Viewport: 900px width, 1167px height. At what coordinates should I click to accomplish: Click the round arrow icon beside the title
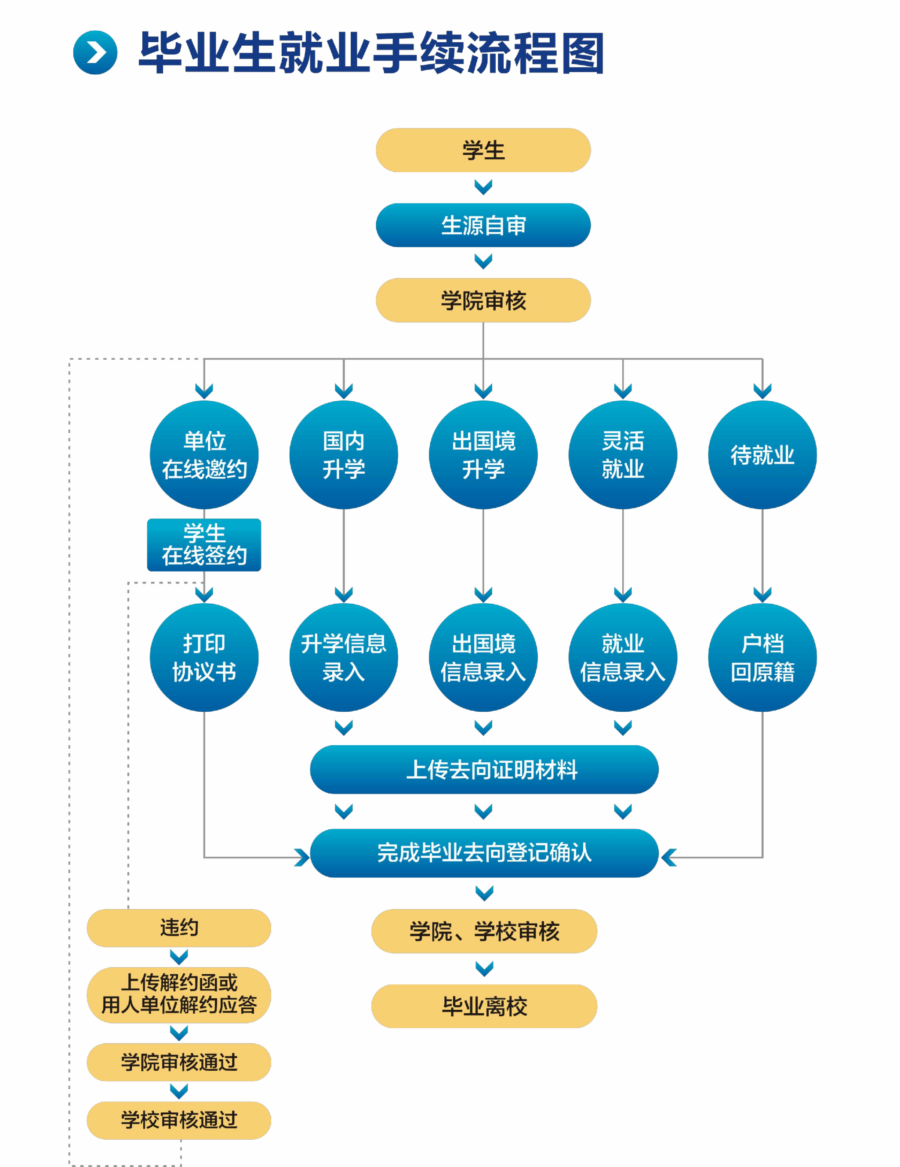coord(95,53)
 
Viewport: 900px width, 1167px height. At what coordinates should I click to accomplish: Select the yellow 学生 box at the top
coord(483,150)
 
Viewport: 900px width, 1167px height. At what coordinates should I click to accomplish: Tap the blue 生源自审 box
coord(483,225)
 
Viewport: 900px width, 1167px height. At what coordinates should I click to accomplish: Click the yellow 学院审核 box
coord(483,300)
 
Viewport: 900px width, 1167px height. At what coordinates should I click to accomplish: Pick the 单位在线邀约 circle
coord(204,455)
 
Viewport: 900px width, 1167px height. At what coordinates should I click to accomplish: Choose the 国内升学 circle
coord(344,455)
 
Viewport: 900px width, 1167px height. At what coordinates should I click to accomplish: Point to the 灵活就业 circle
coord(623,455)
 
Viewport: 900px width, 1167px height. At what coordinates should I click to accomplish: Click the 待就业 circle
coord(762,455)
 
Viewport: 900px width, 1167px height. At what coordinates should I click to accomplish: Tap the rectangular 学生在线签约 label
coord(204,544)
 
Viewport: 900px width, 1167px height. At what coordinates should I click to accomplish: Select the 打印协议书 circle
coord(204,657)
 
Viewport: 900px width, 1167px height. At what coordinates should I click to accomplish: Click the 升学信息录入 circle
coord(344,657)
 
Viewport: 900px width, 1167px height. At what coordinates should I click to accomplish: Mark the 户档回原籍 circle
coord(762,657)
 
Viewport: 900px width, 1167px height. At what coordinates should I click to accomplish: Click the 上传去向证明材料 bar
coord(484,769)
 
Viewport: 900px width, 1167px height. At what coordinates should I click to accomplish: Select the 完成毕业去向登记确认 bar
coord(484,853)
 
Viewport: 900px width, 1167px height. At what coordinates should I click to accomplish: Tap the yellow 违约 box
coord(179,928)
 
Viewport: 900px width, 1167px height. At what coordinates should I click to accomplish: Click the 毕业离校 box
coord(484,1006)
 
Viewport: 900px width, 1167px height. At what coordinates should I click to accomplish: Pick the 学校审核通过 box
coord(179,1120)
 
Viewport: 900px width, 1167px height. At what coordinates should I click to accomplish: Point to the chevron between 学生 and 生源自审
coord(483,187)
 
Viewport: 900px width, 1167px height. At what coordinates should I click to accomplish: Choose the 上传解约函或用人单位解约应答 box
coord(179,994)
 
